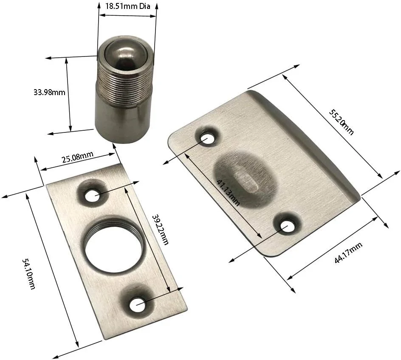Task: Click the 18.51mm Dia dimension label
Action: [x=127, y=6]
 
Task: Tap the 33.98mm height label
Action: [x=49, y=92]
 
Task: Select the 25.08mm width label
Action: [x=78, y=157]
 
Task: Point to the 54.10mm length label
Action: [x=28, y=274]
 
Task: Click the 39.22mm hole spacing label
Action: [x=160, y=229]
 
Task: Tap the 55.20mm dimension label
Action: [x=342, y=121]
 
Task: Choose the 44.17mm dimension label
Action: [x=348, y=253]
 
